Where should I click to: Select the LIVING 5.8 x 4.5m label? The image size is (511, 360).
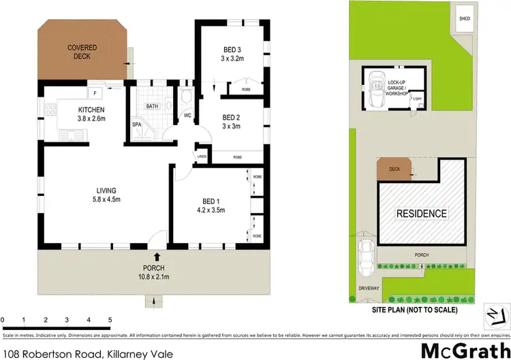pos(106,194)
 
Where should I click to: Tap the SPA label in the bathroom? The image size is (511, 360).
pos(136,124)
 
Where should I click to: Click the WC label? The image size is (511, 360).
pos(187,116)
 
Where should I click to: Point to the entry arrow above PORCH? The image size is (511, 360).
pos(157,257)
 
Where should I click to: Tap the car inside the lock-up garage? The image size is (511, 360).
pos(375,88)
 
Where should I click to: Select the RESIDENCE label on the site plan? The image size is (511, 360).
pos(422,214)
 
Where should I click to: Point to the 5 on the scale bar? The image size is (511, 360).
pos(110,319)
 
